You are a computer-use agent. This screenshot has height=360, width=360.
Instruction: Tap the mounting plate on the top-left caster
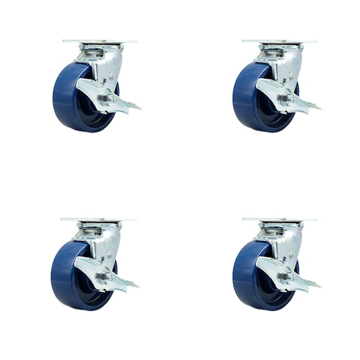(100, 41)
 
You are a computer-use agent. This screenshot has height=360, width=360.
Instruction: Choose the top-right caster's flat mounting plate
(280, 41)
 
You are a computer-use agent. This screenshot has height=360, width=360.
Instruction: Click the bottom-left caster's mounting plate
(98, 220)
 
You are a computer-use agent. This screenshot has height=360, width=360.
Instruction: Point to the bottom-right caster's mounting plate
(280, 220)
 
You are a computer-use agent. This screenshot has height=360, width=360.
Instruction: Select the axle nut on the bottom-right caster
(288, 277)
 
